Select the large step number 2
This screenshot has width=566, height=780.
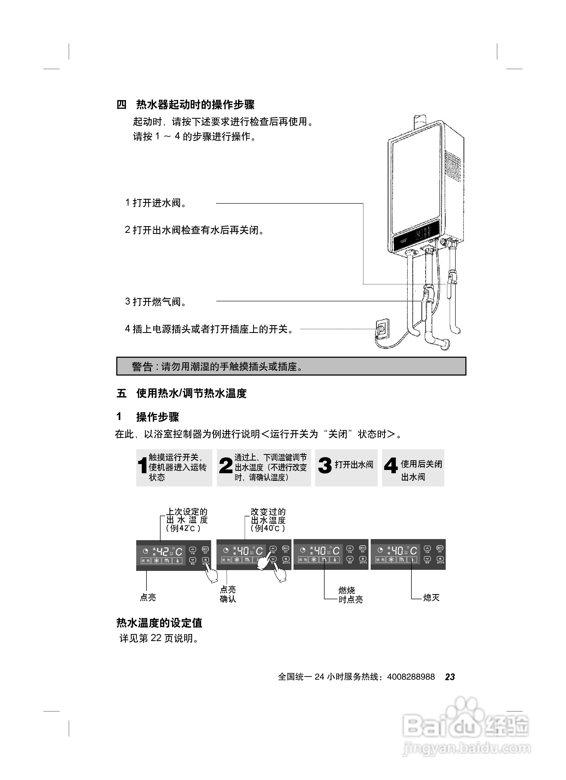tap(226, 466)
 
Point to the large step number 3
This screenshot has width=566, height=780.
tap(325, 466)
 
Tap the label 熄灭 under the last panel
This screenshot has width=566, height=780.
tap(431, 597)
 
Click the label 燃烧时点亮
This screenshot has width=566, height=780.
tap(350, 595)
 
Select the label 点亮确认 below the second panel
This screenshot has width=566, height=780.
tap(228, 594)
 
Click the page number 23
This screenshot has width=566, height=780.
tap(450, 677)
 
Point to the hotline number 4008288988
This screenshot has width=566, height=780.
tap(411, 677)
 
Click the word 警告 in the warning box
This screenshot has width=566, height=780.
tap(142, 367)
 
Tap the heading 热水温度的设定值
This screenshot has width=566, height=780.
tap(159, 623)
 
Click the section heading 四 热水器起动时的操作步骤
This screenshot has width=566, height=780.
tap(186, 105)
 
